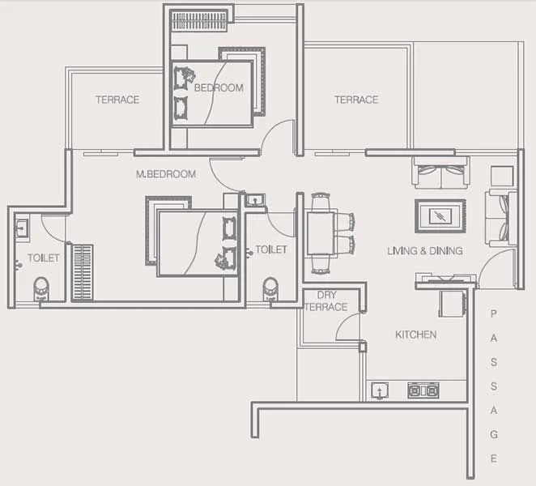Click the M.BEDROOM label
tap(165, 174)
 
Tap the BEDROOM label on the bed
tap(218, 87)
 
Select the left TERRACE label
tap(117, 100)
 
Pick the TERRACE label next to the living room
tap(356, 100)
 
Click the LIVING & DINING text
tap(424, 251)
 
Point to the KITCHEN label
tap(415, 335)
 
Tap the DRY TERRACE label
tap(327, 301)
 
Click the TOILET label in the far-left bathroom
tap(44, 258)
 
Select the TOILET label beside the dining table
tap(270, 249)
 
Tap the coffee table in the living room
tap(440, 215)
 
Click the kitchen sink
tap(378, 391)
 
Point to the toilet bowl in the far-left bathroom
tap(40, 288)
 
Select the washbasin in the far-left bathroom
tap(22, 228)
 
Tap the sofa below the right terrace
tap(440, 173)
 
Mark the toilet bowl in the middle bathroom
tap(270, 288)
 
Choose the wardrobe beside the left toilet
tap(82, 272)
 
